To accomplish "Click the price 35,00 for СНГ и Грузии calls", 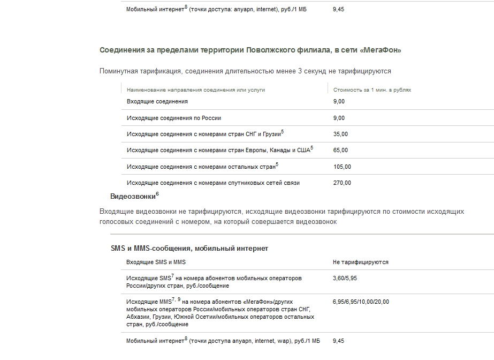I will tap(340, 134).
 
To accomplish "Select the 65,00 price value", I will tap(340, 150).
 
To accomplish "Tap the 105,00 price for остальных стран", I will tap(341, 167).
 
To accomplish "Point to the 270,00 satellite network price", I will tap(341, 183).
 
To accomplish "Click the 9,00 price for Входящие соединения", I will tap(338, 101).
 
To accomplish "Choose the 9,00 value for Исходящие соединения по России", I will tap(338, 118).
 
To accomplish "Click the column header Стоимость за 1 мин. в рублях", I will tap(372, 90).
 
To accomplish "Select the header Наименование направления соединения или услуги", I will tap(195, 90).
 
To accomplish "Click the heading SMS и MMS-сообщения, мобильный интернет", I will tap(189, 249).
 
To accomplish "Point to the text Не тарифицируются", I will tap(360, 262).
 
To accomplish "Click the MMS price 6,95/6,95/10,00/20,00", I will tap(361, 302).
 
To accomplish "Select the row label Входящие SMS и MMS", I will tap(156, 262).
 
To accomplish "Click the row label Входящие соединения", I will tap(157, 101).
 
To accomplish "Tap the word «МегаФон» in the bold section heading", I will tap(381, 50).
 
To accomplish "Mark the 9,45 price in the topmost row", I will tap(338, 9).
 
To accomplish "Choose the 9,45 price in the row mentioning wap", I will tap(338, 341).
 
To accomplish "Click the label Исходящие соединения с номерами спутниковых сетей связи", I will tap(213, 183).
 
